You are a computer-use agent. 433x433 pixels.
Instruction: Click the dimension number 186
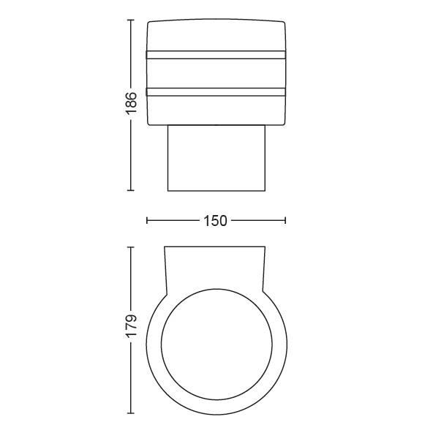coord(131,104)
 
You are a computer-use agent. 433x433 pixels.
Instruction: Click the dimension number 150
coord(215,221)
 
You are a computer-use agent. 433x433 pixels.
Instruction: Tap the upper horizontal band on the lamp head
coord(216,55)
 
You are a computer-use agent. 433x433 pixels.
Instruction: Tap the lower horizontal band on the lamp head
coord(216,92)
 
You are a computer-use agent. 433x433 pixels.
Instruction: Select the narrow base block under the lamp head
coord(217,158)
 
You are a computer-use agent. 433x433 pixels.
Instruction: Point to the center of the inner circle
coord(217,344)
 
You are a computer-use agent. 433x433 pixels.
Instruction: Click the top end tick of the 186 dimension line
coord(131,20)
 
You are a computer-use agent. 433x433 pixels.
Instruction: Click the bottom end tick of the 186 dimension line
coord(131,190)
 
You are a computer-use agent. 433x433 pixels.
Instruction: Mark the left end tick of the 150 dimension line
coord(147,220)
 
